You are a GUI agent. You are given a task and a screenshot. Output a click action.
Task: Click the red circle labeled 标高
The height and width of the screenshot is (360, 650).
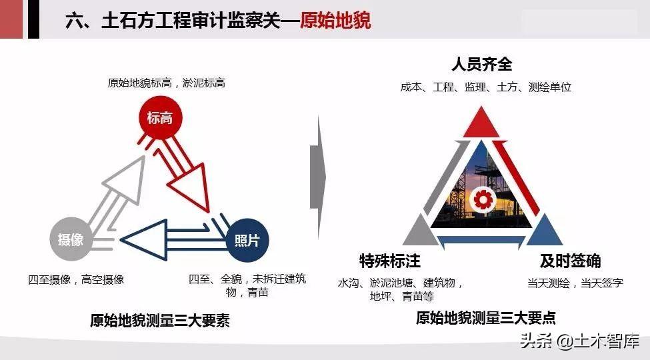coord(161,118)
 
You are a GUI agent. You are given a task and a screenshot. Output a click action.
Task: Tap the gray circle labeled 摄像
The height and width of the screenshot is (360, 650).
coord(71,239)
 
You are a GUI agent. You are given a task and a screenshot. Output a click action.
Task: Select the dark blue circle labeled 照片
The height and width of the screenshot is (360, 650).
coord(247,240)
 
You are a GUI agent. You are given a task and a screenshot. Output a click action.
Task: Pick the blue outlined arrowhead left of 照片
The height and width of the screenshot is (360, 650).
coord(145,240)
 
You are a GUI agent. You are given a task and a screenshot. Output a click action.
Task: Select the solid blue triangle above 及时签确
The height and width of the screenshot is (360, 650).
coord(544,232)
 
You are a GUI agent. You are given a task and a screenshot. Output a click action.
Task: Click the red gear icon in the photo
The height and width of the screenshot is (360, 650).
coord(483,199)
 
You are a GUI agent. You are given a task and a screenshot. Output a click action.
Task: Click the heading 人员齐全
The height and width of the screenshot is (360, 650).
coord(482,64)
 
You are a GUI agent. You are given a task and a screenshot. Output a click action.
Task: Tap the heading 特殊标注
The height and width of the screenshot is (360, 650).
coord(390,261)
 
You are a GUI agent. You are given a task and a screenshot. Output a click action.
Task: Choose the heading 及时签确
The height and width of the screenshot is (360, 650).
coord(571,261)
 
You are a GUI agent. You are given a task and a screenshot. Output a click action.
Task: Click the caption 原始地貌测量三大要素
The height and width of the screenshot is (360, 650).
coord(160,320)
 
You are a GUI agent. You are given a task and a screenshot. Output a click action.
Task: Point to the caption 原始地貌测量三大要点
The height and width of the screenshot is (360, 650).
coord(486,318)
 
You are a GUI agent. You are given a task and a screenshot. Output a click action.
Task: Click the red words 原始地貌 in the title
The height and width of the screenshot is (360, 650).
coord(335,20)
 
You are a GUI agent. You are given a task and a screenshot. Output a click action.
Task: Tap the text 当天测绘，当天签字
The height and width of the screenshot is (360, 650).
coord(575,283)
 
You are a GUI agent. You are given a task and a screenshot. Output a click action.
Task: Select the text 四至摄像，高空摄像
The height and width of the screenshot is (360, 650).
coord(76,279)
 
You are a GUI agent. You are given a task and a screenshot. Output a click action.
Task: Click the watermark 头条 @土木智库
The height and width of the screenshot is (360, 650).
coord(579,341)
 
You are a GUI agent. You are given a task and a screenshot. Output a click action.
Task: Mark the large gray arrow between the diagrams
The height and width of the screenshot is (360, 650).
coord(318,177)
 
